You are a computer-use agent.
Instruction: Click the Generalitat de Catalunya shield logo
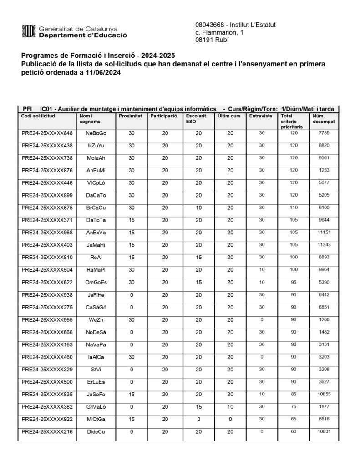29,31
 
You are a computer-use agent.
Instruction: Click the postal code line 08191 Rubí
212,40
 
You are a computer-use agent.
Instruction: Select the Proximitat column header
130,116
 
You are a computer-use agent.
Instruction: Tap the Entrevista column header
261,116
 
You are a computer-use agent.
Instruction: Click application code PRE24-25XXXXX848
47,133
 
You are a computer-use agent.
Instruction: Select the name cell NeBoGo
96,133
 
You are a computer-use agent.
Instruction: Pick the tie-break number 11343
324,244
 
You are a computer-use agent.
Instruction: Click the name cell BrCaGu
96,208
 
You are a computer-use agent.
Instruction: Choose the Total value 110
293,208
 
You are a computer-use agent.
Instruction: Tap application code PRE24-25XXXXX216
47,431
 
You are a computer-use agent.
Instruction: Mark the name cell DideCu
96,431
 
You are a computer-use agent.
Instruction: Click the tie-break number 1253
324,170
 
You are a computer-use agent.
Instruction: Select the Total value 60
293,431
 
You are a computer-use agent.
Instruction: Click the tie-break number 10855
324,394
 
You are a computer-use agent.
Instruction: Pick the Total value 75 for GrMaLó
293,406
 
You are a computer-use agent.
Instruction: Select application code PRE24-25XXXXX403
47,245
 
